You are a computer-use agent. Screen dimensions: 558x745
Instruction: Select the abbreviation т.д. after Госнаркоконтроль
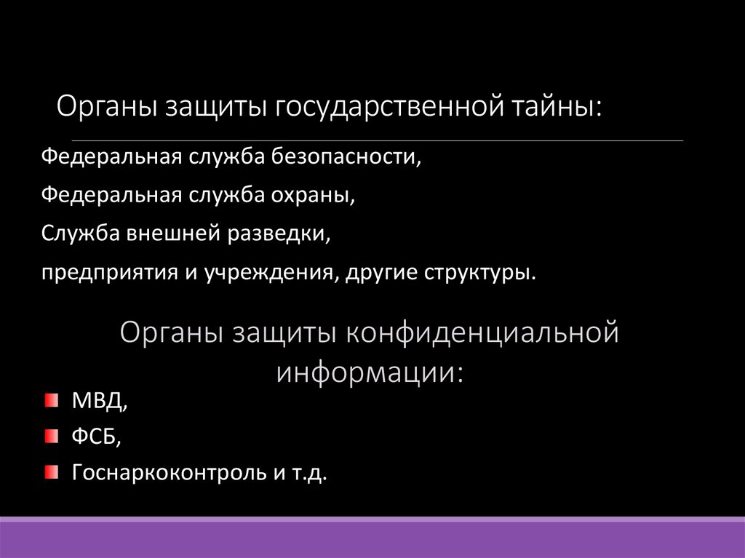(311, 474)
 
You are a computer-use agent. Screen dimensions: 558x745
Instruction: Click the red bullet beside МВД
(49, 399)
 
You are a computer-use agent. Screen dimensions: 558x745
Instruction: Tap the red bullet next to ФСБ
(49, 437)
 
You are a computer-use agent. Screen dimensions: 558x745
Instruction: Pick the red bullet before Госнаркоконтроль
(49, 474)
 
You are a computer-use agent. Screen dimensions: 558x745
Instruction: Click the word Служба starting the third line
(81, 234)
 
